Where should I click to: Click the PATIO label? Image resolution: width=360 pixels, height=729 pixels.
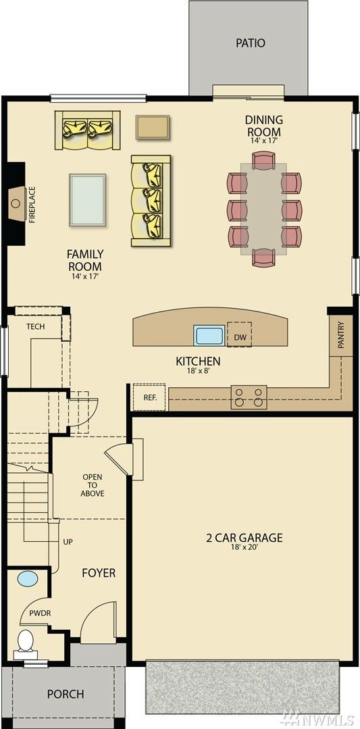click(x=250, y=43)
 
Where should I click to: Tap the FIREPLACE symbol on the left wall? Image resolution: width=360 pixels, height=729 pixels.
click(x=17, y=201)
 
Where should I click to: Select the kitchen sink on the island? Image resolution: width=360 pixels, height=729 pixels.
click(x=209, y=336)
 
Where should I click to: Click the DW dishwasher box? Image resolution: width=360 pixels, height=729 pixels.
click(x=239, y=336)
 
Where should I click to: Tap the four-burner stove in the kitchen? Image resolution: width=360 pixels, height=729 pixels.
click(x=249, y=397)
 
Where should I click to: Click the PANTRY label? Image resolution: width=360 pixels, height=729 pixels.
click(x=341, y=335)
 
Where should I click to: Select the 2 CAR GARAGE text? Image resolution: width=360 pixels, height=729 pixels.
click(x=244, y=538)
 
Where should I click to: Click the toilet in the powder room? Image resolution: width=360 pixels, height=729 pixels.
click(x=26, y=640)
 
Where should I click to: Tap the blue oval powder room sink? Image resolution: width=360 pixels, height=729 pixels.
click(x=28, y=579)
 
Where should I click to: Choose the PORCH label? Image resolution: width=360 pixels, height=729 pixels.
click(x=66, y=694)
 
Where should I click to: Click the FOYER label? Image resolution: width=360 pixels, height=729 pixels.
click(x=99, y=573)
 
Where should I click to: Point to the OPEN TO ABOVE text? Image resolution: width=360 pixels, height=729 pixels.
click(x=93, y=485)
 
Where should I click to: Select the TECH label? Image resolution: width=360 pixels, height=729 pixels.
click(x=35, y=326)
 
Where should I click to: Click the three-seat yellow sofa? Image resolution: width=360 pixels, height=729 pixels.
click(x=151, y=201)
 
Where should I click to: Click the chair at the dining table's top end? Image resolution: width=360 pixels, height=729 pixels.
click(x=263, y=161)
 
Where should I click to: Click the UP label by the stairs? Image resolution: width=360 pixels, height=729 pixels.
click(x=68, y=542)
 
